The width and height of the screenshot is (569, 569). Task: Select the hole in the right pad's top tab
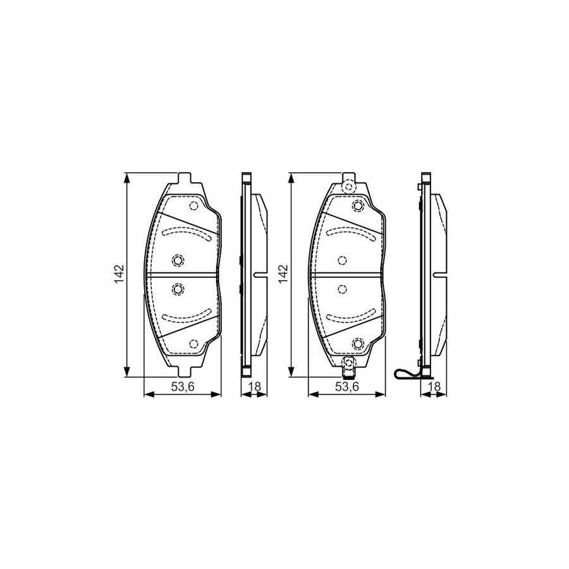tap(346, 186)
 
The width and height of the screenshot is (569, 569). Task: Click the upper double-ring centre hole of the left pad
tap(178, 260)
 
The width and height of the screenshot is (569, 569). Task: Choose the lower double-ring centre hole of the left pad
tap(178, 290)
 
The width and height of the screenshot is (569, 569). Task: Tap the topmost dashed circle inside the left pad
tap(193, 206)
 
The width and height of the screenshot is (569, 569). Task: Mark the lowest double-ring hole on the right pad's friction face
tap(358, 343)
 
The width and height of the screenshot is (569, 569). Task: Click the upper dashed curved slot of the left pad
tap(186, 233)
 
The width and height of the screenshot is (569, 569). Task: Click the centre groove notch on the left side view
tap(257, 275)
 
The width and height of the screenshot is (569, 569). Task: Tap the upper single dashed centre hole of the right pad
tap(342, 260)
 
